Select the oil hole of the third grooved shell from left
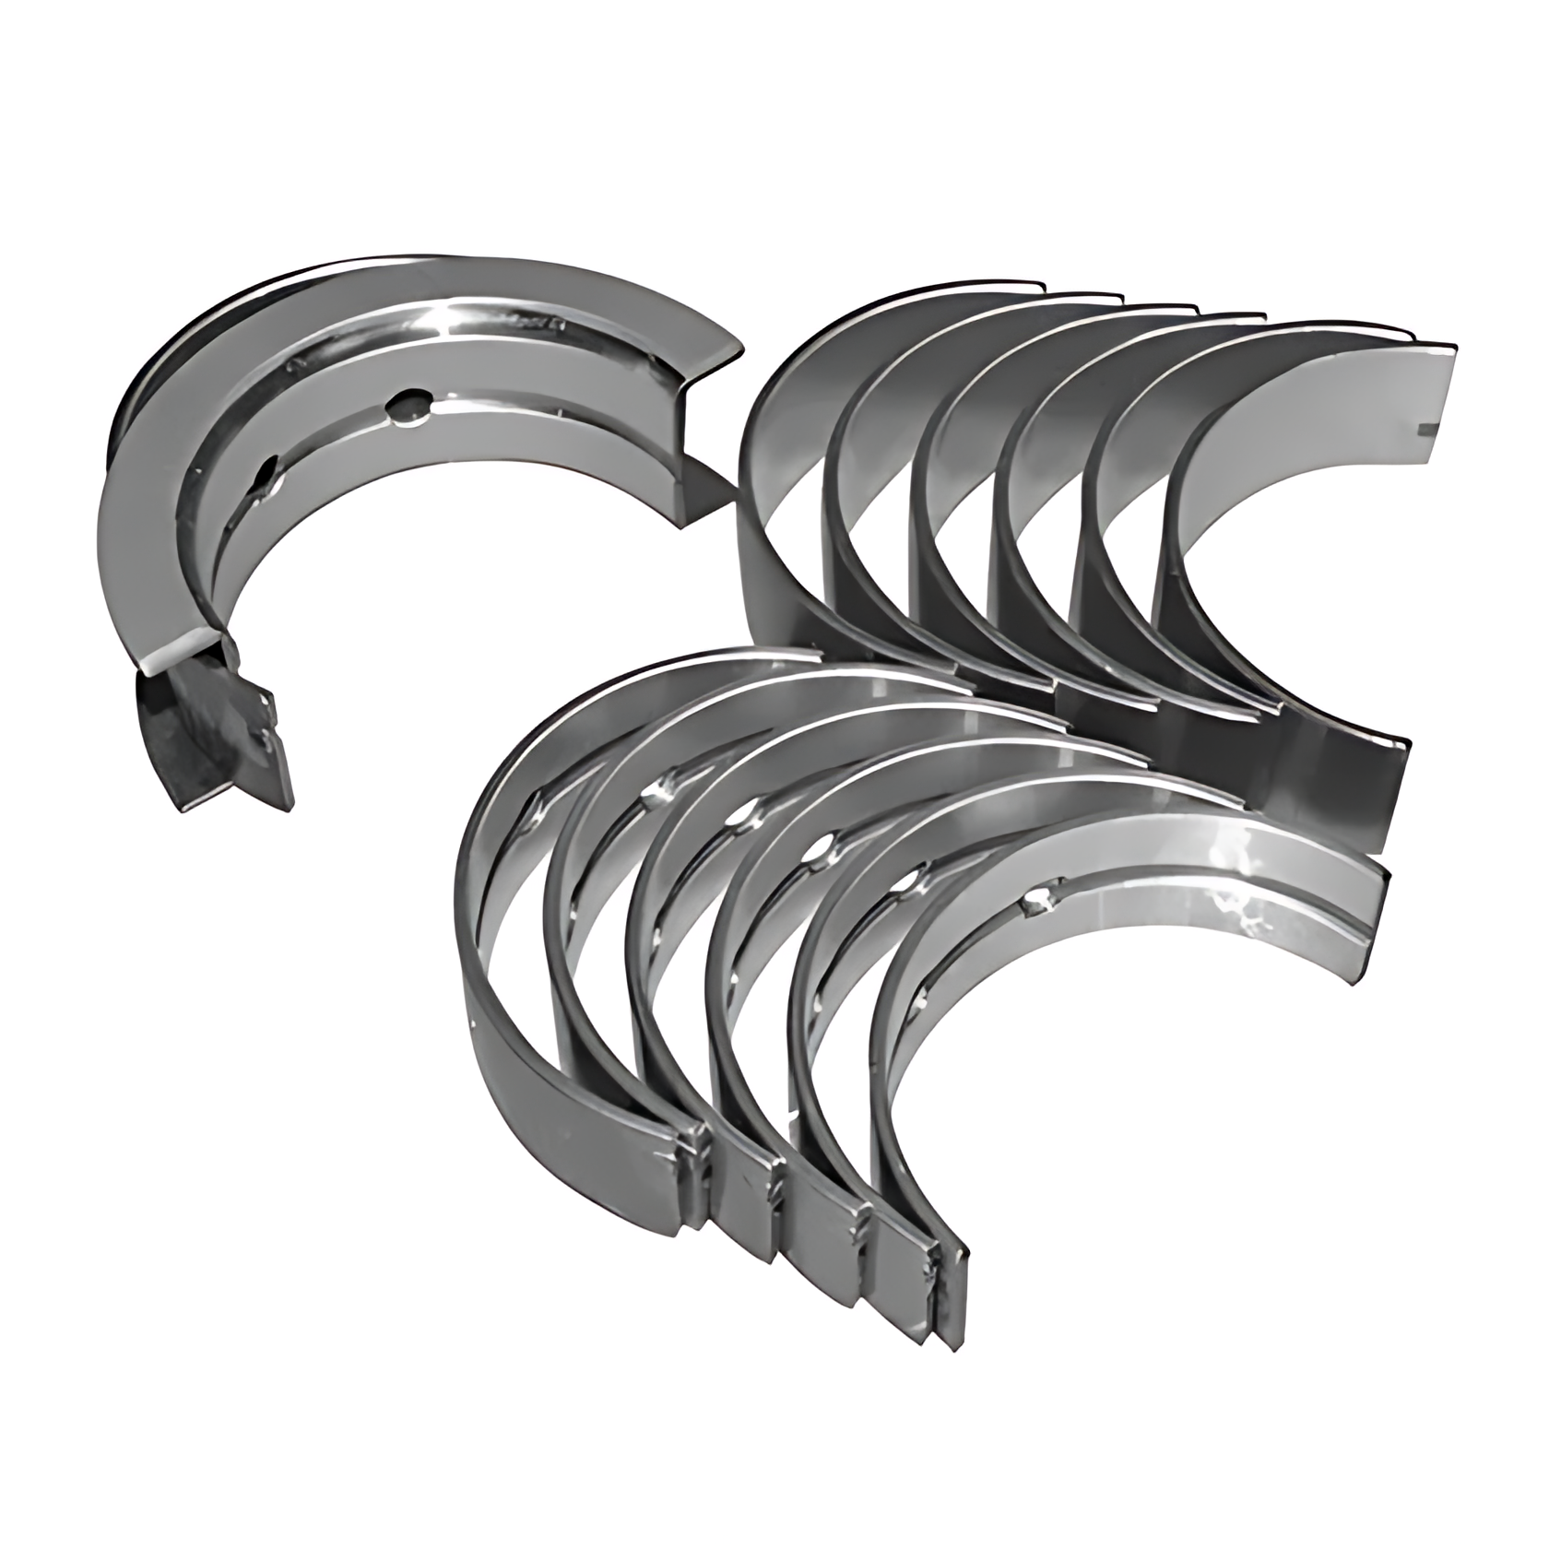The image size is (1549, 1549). click(x=740, y=816)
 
